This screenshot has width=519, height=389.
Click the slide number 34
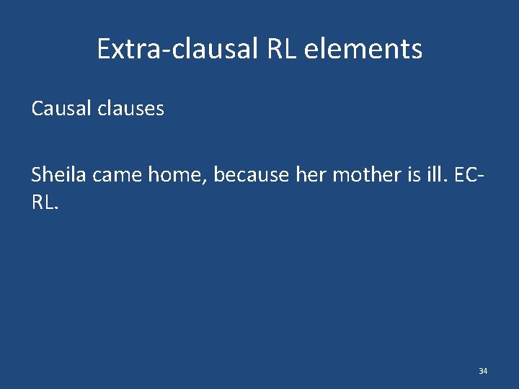click(x=483, y=371)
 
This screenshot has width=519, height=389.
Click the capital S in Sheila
click(x=37, y=175)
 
